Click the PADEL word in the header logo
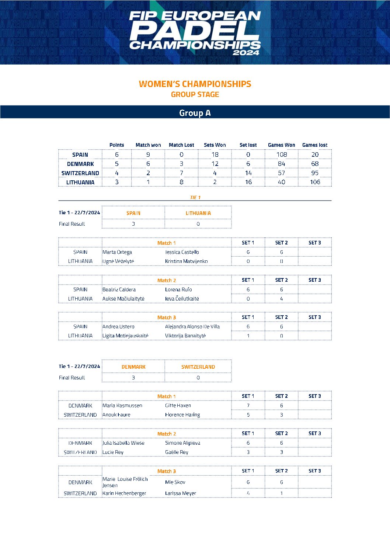(195, 31)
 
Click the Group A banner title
(195, 113)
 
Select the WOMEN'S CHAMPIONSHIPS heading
(195, 84)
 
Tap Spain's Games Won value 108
(281, 155)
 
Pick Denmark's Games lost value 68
(314, 164)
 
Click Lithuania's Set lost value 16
(248, 182)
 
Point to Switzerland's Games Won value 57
(281, 173)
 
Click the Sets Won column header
(215, 145)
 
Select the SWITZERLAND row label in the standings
(80, 173)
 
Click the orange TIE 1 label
(195, 198)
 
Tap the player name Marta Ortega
(117, 252)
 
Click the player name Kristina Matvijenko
(186, 261)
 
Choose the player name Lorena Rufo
(178, 290)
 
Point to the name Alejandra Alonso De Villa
(192, 327)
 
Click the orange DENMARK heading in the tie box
(133, 367)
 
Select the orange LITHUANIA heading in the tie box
(198, 213)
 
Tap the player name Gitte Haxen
(178, 406)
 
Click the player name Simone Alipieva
(182, 443)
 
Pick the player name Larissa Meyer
(180, 493)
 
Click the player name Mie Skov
(175, 482)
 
